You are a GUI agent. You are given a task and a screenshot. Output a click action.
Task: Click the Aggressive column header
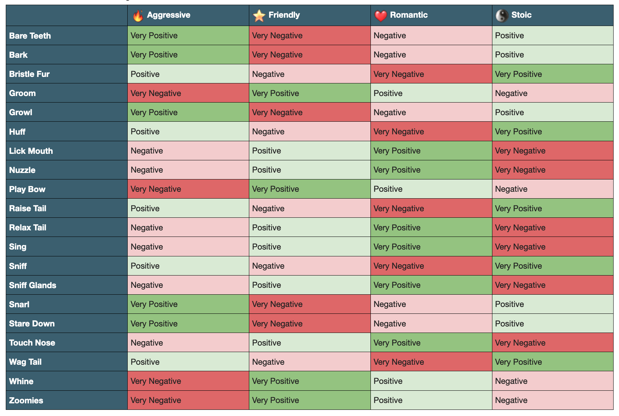pos(168,15)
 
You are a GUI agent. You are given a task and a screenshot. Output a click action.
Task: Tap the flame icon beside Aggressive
pos(138,16)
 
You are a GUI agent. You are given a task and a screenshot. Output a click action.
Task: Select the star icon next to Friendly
pos(259,16)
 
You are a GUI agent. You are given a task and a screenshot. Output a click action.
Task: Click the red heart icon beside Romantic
pos(381,16)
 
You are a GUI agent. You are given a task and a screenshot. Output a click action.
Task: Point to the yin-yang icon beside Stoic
pos(501,16)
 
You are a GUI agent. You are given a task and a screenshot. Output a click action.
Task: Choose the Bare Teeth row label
pos(30,36)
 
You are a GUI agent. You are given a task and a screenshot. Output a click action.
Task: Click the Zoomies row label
pos(26,400)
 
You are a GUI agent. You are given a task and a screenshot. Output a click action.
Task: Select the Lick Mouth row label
pos(31,151)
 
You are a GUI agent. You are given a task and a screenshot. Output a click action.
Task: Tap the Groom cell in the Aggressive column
pos(188,93)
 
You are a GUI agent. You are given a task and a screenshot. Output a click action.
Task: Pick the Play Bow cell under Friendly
pos(309,189)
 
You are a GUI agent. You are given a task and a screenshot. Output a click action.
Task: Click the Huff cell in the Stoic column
pos(552,131)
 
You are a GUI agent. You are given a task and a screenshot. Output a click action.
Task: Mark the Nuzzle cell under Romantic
pos(431,170)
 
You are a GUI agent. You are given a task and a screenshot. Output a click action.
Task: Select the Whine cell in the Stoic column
pos(552,381)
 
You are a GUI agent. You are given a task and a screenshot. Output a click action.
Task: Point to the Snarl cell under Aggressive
pos(188,304)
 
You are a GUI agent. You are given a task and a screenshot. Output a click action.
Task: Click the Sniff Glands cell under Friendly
pos(309,285)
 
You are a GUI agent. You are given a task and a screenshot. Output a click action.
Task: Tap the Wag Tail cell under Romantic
pos(431,362)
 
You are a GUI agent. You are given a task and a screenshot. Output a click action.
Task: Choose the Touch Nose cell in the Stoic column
pos(552,343)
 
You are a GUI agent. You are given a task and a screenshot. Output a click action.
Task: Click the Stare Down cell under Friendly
pos(309,324)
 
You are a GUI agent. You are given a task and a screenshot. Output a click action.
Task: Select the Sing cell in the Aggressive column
pos(188,247)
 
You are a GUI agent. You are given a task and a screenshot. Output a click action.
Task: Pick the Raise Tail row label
pos(28,208)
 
